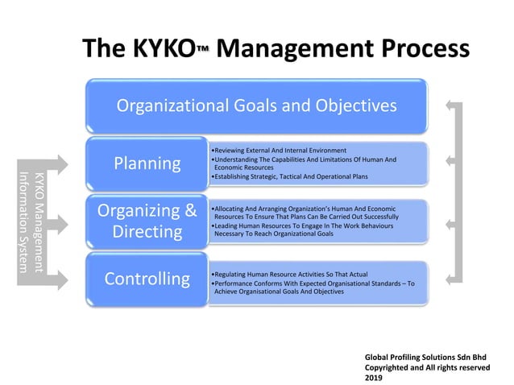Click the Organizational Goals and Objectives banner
pyautogui.click(x=256, y=106)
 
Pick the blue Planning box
pyautogui.click(x=147, y=164)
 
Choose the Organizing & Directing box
pyautogui.click(x=147, y=221)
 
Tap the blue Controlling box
pyautogui.click(x=147, y=279)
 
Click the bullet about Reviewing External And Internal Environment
pyautogui.click(x=277, y=151)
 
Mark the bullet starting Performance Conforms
pyautogui.click(x=311, y=288)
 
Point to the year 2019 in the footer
pyautogui.click(x=375, y=378)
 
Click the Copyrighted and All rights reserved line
pyautogui.click(x=427, y=367)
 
